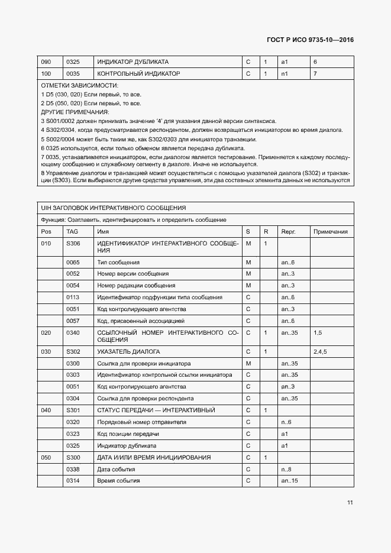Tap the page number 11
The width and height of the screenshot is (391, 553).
pyautogui.click(x=350, y=503)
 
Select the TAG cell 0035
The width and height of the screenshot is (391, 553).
pyautogui.click(x=73, y=74)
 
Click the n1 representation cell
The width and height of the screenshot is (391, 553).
pyautogui.click(x=285, y=74)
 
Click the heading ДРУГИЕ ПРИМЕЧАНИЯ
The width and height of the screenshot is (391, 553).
pyautogui.click(x=75, y=112)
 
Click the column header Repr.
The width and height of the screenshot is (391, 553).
pyautogui.click(x=288, y=232)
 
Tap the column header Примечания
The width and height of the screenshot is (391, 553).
pyautogui.click(x=330, y=232)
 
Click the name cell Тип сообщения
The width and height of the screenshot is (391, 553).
pyautogui.click(x=118, y=262)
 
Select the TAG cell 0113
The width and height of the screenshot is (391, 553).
pyautogui.click(x=73, y=297)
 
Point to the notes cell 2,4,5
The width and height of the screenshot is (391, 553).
pyautogui.click(x=321, y=351)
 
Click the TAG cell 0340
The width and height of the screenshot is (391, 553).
pyautogui.click(x=73, y=333)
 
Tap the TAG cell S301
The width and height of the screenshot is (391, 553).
pyautogui.click(x=73, y=410)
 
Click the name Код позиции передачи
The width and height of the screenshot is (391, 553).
pyautogui.click(x=128, y=434)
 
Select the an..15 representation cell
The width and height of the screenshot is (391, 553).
pyautogui.click(x=289, y=480)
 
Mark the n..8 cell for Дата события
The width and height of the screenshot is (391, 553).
pyautogui.click(x=286, y=469)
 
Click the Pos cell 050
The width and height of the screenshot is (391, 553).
pyautogui.click(x=46, y=457)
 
